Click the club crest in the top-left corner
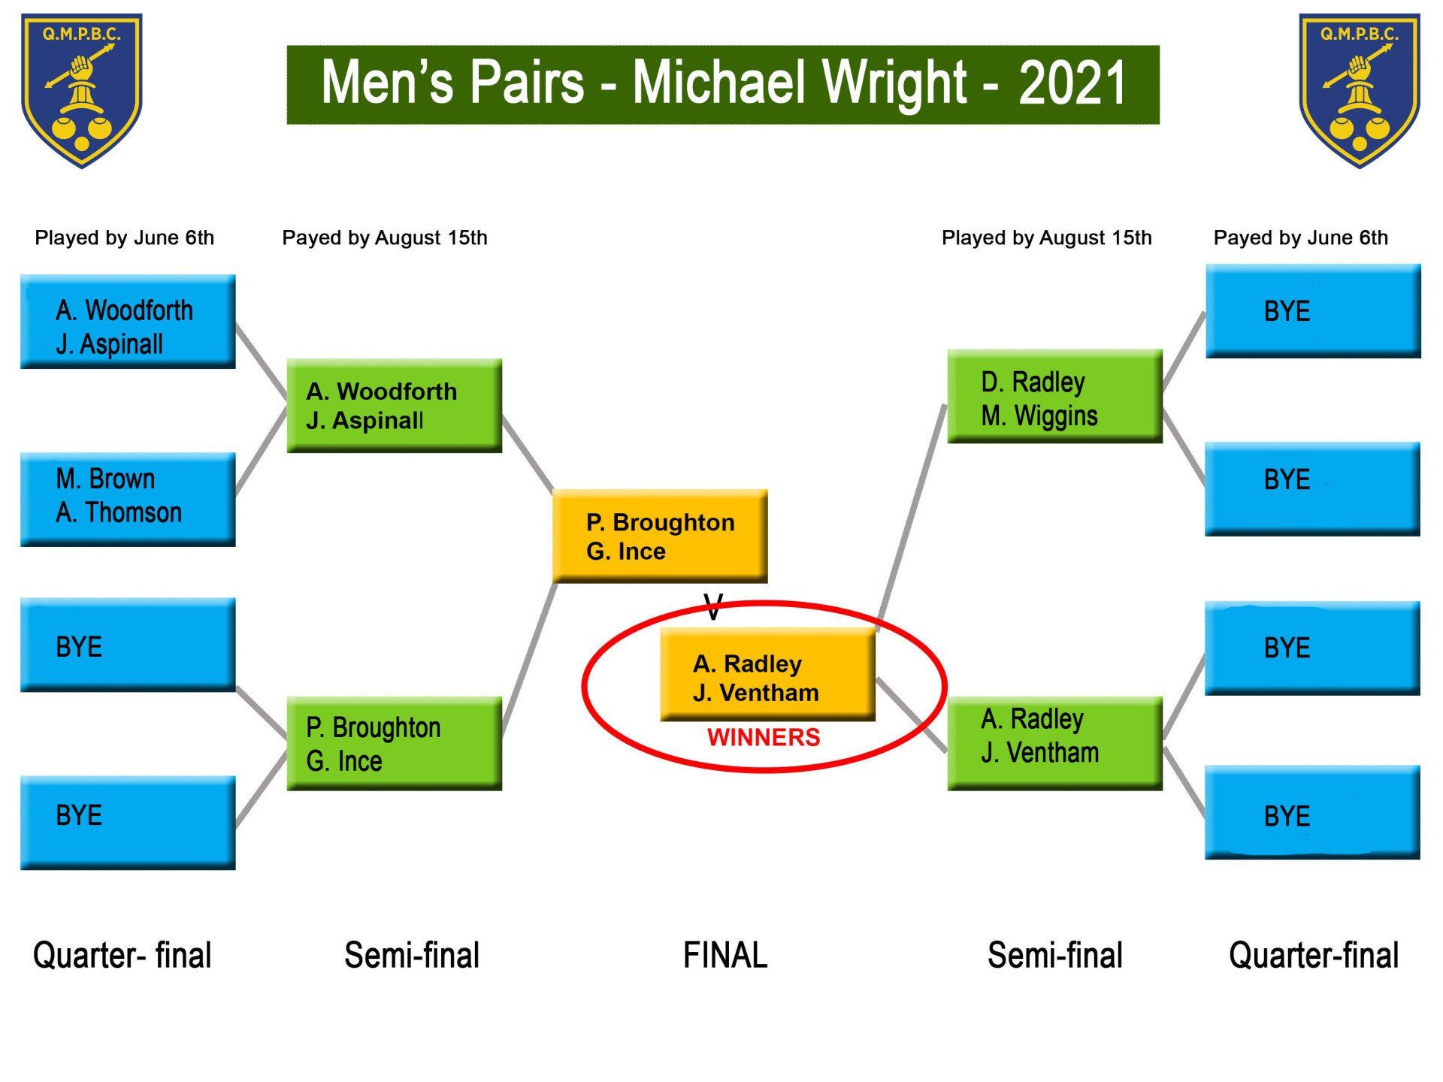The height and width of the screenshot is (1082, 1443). [x=81, y=90]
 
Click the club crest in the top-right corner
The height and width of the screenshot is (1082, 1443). [x=1359, y=90]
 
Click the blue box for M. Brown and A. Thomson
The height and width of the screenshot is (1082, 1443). [x=128, y=498]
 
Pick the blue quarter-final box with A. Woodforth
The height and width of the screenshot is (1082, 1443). [x=128, y=321]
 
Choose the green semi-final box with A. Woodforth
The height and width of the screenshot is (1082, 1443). [x=394, y=405]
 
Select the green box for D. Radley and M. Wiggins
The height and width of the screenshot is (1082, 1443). [x=1054, y=396]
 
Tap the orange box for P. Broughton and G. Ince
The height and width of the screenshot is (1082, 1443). [x=660, y=536]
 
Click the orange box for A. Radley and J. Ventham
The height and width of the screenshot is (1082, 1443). [x=767, y=674]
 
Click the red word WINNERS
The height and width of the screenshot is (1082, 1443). [x=764, y=737]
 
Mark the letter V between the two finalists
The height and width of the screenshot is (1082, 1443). [x=713, y=606]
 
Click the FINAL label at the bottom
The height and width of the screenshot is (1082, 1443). [x=725, y=955]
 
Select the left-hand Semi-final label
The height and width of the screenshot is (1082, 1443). [x=411, y=955]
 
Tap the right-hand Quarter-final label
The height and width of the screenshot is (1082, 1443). [x=1313, y=955]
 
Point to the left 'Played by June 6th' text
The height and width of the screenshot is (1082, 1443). [x=124, y=238]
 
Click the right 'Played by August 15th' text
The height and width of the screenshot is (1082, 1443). [x=1046, y=238]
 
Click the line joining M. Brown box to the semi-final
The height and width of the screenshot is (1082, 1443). [x=262, y=451]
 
